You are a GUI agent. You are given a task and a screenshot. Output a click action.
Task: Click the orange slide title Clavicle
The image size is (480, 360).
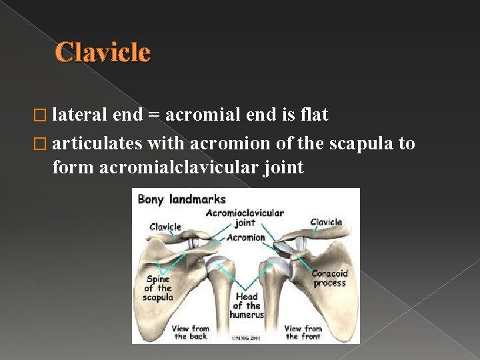pyautogui.click(x=103, y=52)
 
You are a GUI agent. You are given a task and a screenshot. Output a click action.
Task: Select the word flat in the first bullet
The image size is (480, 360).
pyautogui.click(x=314, y=115)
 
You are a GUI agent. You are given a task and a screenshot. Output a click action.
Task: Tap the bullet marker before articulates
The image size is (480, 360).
pyautogui.click(x=44, y=144)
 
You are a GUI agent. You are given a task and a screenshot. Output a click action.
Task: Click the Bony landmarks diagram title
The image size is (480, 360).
pyautogui.click(x=181, y=199)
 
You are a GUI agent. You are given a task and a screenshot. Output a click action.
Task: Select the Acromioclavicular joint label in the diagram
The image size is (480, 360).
pyautogui.click(x=245, y=218)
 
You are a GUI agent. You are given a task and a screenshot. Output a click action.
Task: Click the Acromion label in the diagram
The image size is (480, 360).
pyautogui.click(x=245, y=237)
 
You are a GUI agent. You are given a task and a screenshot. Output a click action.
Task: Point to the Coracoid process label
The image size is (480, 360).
pyautogui.click(x=329, y=278)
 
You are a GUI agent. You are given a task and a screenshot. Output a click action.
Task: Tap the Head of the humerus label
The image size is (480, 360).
pyautogui.click(x=247, y=305)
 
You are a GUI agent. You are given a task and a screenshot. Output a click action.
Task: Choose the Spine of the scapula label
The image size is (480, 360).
pyautogui.click(x=157, y=288)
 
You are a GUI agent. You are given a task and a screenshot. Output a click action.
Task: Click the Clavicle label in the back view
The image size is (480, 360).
pyautogui.click(x=165, y=227)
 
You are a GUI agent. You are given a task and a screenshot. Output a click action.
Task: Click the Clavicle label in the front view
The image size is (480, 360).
pyautogui.click(x=326, y=222)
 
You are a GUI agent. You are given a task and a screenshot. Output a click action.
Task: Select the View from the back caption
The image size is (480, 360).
pyautogui.click(x=191, y=333)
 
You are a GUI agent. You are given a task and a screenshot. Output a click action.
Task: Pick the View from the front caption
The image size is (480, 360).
pyautogui.click(x=303, y=333)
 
